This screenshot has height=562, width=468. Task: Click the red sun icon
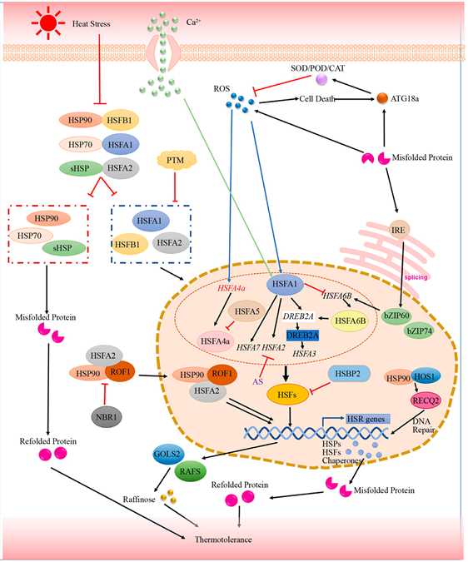pyautogui.click(x=48, y=23)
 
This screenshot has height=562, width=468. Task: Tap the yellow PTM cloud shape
pyautogui.click(x=175, y=160)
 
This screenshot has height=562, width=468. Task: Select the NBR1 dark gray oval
pyautogui.click(x=106, y=417)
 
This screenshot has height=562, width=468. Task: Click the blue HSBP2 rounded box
pyautogui.click(x=347, y=374)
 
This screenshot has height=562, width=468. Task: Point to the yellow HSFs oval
pyautogui.click(x=288, y=395)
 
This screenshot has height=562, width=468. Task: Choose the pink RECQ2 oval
pyautogui.click(x=425, y=400)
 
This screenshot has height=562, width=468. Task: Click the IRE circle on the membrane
pyautogui.click(x=399, y=230)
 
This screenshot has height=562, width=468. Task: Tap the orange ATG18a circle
pyautogui.click(x=383, y=98)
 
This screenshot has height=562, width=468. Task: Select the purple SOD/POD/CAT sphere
pyautogui.click(x=321, y=79)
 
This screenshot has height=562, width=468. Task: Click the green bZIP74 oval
pyautogui.click(x=419, y=331)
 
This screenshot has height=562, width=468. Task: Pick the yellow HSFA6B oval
pyautogui.click(x=351, y=321)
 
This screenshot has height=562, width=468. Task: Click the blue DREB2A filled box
pyautogui.click(x=303, y=336)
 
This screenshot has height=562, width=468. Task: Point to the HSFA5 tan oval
pyautogui.click(x=246, y=311)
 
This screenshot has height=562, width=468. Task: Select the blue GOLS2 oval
pyautogui.click(x=167, y=454)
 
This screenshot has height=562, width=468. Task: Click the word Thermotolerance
pyautogui.click(x=223, y=539)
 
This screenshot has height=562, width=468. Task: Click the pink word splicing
pyautogui.click(x=416, y=277)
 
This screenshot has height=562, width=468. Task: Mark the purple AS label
pyautogui.click(x=258, y=381)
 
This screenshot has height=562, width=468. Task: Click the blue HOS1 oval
pyautogui.click(x=426, y=376)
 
